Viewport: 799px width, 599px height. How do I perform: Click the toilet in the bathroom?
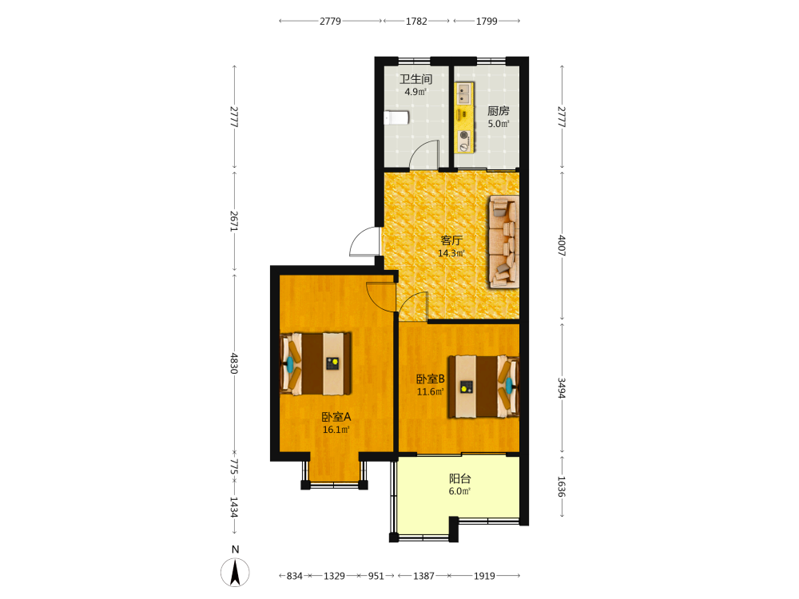click(396, 117)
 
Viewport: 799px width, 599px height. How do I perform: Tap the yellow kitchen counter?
click(464, 117)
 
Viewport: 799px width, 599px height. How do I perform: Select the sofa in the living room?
click(504, 242)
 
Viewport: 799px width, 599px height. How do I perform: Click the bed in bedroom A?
click(316, 363)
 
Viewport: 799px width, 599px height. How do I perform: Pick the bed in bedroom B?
click(483, 387)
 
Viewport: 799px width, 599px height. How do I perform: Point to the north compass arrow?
click(235, 572)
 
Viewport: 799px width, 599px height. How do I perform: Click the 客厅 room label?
click(451, 240)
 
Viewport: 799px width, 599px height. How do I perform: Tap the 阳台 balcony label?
click(459, 478)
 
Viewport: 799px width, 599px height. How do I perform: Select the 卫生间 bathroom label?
click(415, 79)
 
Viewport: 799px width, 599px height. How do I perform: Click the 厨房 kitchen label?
click(499, 110)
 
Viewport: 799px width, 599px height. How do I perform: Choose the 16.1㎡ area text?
click(336, 430)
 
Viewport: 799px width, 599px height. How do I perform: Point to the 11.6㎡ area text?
click(431, 391)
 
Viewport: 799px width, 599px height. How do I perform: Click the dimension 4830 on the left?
click(234, 363)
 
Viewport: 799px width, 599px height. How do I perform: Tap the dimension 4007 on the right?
click(562, 245)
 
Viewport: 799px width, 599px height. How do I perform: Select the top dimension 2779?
click(330, 21)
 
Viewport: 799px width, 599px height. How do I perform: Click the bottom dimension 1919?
click(484, 576)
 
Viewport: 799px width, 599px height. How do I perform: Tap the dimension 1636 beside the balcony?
click(562, 486)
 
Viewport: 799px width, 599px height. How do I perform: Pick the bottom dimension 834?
click(295, 576)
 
